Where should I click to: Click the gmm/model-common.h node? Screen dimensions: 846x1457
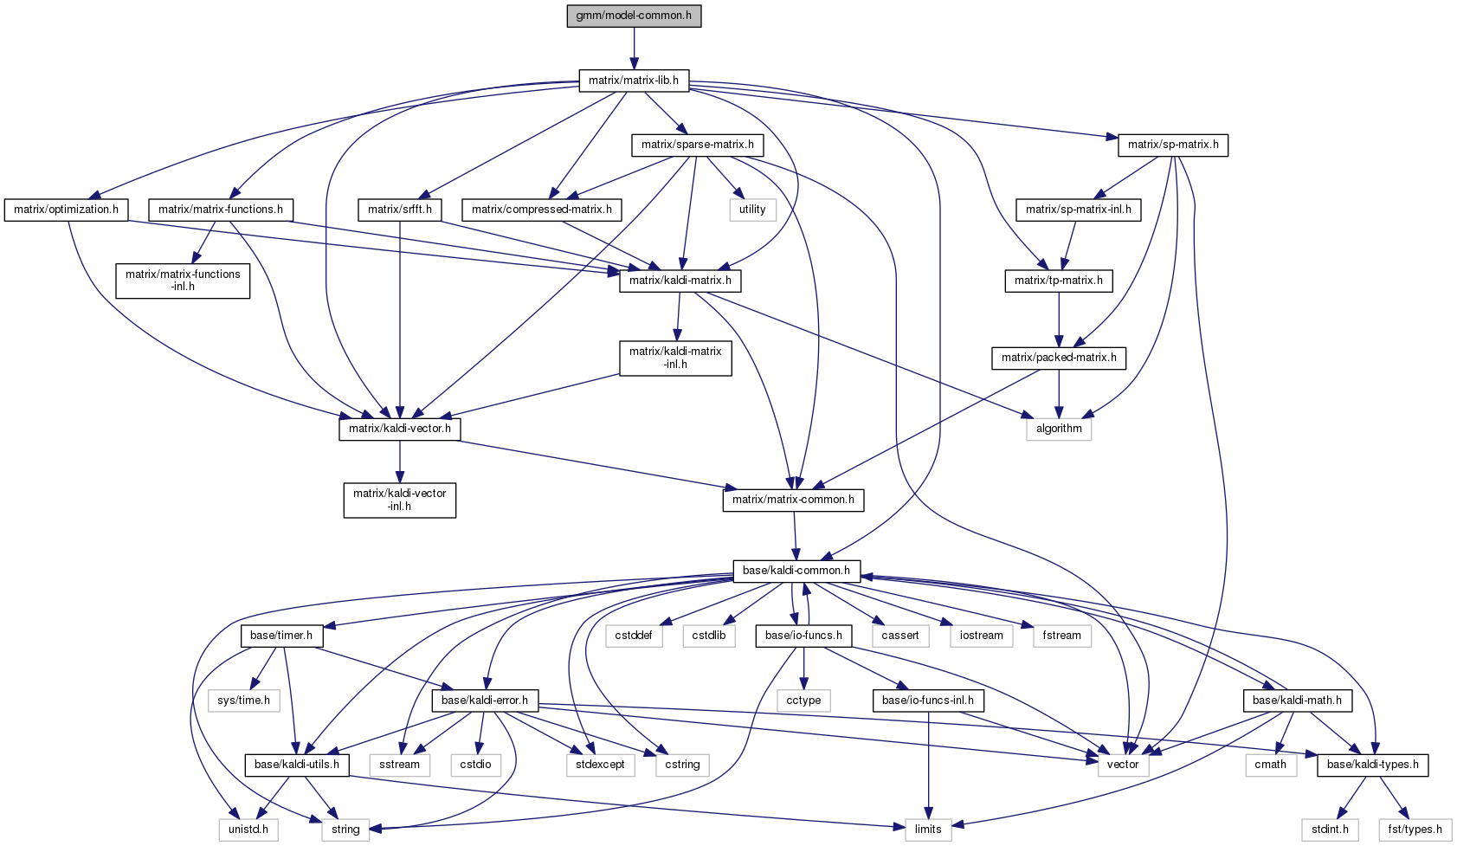(634, 16)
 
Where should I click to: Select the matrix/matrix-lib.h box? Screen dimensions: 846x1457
(634, 81)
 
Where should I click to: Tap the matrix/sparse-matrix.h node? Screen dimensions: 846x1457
(697, 145)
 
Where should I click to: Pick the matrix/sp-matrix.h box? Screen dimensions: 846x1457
(1173, 145)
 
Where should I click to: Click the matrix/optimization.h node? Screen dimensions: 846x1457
(67, 210)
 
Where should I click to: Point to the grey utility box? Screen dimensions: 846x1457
(752, 210)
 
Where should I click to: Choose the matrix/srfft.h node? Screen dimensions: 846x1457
(400, 210)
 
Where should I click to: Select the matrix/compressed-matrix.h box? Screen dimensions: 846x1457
(542, 210)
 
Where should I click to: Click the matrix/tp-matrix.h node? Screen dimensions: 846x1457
(1059, 281)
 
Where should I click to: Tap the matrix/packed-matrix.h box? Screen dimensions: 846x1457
(1059, 358)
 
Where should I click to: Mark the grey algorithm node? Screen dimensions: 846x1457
(1059, 429)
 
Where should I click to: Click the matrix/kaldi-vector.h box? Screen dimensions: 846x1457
(400, 429)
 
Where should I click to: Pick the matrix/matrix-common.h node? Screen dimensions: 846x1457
(793, 500)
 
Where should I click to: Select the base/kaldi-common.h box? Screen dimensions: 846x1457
(796, 571)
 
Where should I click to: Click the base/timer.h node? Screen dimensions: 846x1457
(281, 636)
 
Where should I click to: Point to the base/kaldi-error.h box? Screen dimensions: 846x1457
(485, 700)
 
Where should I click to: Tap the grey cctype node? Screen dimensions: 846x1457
(804, 700)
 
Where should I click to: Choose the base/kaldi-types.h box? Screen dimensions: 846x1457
(1372, 765)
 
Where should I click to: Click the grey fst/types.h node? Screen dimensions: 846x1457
(1415, 830)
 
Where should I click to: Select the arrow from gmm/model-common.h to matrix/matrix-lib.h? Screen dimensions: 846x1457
(634, 48)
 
